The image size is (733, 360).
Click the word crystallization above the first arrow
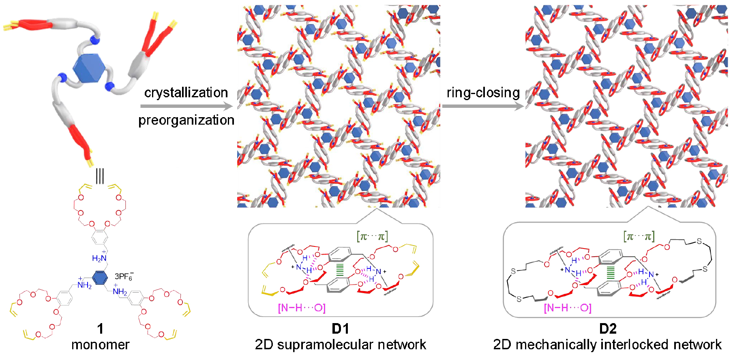(x=186, y=93)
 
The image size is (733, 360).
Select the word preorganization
(x=186, y=120)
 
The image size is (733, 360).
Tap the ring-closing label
(x=483, y=93)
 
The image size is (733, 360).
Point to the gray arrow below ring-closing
(x=483, y=107)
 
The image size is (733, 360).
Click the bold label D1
(x=340, y=329)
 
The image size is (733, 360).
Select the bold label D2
(x=608, y=329)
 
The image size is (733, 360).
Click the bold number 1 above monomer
(x=100, y=329)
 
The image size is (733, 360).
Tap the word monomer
(x=100, y=345)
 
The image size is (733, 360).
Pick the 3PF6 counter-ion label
(x=124, y=276)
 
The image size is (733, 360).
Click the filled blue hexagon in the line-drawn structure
(x=100, y=278)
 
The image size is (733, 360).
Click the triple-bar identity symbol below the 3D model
(x=100, y=176)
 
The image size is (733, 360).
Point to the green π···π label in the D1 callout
(x=372, y=236)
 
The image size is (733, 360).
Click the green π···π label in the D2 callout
(x=639, y=236)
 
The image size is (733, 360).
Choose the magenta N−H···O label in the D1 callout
(x=302, y=308)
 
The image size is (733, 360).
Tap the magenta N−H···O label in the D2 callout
(x=568, y=308)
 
